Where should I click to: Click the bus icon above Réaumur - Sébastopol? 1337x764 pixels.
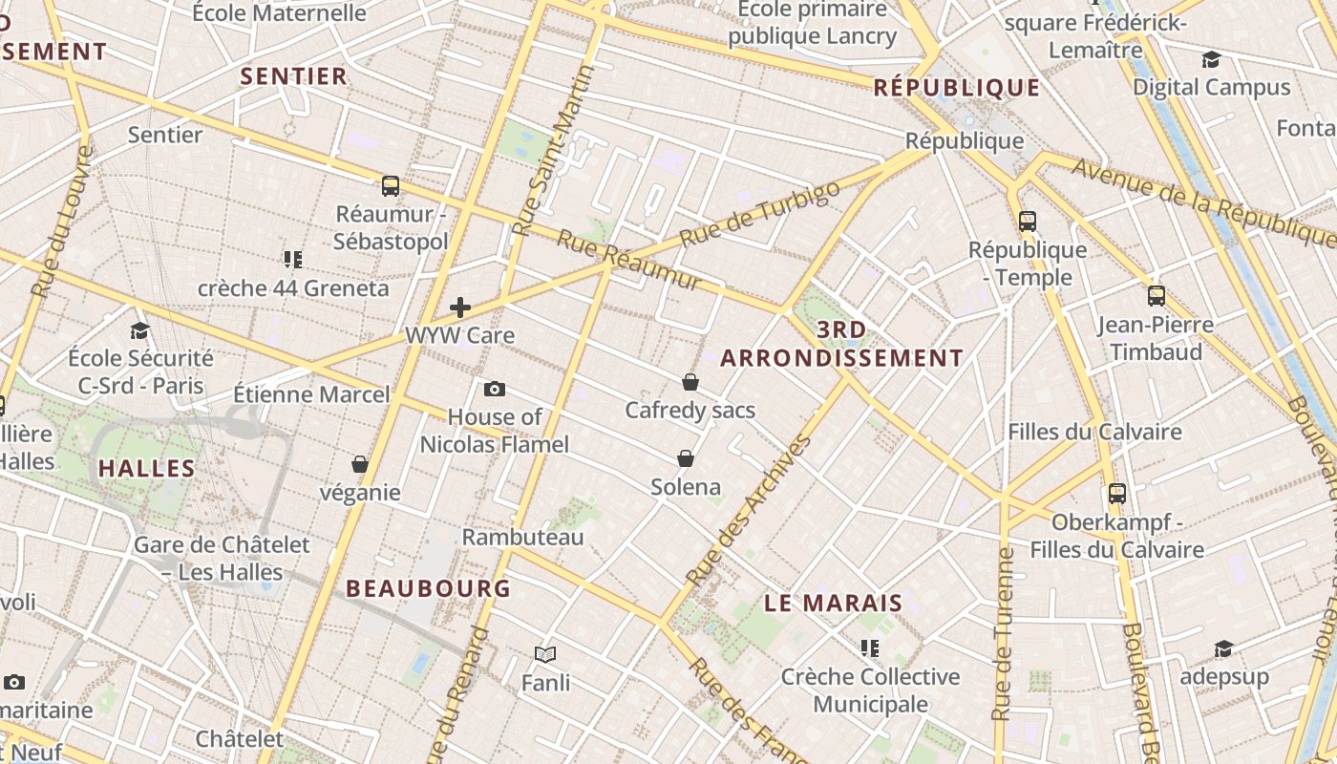click(390, 185)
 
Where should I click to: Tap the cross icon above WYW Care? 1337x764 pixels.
click(460, 308)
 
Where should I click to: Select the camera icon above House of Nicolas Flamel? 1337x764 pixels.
click(495, 389)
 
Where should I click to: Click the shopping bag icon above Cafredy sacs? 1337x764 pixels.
click(690, 382)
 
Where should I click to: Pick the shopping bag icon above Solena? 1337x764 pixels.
click(686, 458)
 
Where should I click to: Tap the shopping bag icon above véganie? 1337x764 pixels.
click(360, 464)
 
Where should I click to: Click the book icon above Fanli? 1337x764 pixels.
click(545, 654)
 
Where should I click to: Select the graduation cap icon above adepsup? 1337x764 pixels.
click(1223, 649)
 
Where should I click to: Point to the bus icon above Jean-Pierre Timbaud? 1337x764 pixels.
click(1157, 296)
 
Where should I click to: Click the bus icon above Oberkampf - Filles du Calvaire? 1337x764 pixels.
click(1117, 494)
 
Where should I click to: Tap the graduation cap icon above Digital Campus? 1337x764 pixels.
click(1211, 59)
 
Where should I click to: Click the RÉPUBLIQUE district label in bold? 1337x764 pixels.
click(957, 88)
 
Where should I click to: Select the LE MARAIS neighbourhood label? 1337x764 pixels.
click(834, 603)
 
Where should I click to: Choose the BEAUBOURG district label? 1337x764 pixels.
click(429, 588)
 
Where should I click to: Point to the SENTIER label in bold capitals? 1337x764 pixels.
click(293, 76)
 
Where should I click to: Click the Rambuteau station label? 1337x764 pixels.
click(522, 537)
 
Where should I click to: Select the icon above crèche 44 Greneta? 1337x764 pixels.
click(293, 259)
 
